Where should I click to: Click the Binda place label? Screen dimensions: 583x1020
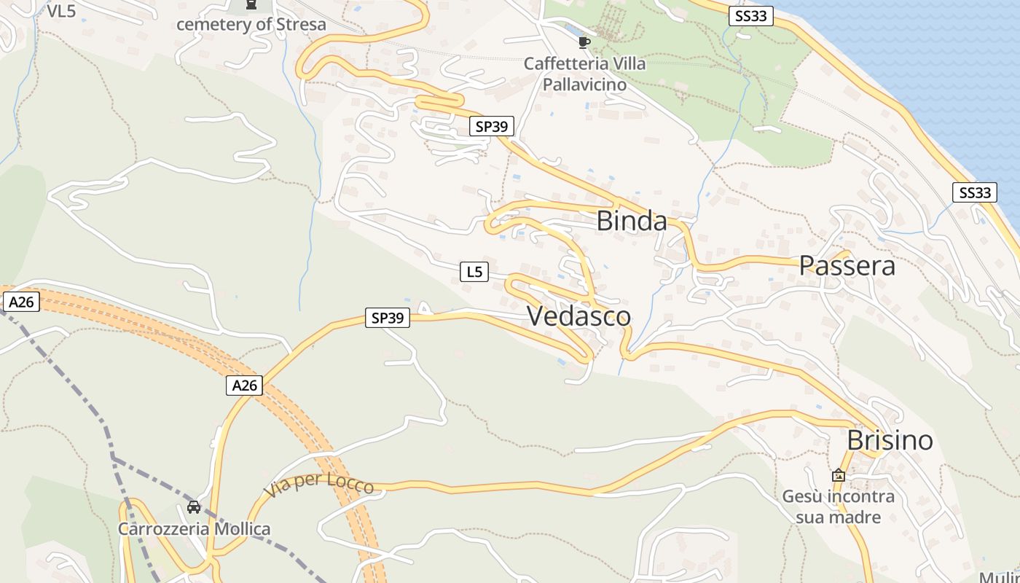pos(632,221)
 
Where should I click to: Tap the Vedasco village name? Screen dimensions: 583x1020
pos(578,316)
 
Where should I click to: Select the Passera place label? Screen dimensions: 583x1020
pos(847,266)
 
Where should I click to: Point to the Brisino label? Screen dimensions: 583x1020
pos(890,440)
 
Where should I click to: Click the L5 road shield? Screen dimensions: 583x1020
pos(474,272)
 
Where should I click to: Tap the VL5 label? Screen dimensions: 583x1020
pos(61,10)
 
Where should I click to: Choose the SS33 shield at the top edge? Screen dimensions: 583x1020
pos(750,15)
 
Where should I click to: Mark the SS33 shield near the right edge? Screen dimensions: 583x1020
pos(975,192)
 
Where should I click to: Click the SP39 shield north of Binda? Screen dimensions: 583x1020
pos(492,126)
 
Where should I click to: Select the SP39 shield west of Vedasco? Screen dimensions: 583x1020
pos(388,318)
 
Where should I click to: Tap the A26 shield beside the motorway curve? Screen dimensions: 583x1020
pos(244,386)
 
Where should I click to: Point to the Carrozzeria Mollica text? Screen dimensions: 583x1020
pos(195,529)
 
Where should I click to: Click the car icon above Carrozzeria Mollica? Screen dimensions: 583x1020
pos(194,507)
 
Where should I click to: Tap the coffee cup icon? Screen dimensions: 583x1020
pos(584,42)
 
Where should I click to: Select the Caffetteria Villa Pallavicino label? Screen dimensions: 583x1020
pos(584,74)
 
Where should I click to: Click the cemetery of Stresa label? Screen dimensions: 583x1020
pos(251,24)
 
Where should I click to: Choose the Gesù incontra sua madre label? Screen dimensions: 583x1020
pos(838,506)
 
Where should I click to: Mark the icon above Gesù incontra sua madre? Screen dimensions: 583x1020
pos(839,475)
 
